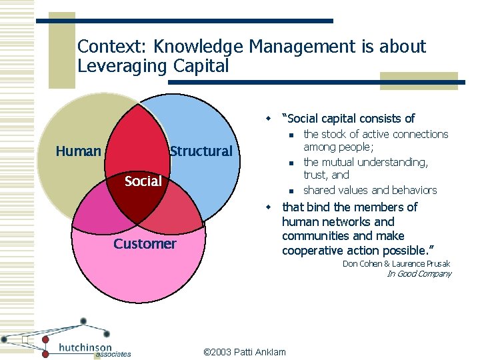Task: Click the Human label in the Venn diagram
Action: (x=78, y=151)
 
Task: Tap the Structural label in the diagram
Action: (x=201, y=151)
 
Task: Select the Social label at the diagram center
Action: (x=143, y=181)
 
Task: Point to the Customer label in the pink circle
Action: (x=145, y=244)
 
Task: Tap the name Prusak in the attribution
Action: (x=435, y=264)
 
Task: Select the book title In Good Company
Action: (x=419, y=274)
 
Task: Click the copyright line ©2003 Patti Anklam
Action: (x=244, y=351)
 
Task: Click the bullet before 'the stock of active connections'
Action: (x=291, y=135)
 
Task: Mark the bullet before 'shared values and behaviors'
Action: (x=291, y=191)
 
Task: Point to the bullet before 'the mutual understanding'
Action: (x=291, y=163)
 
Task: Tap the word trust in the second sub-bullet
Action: (x=316, y=175)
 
